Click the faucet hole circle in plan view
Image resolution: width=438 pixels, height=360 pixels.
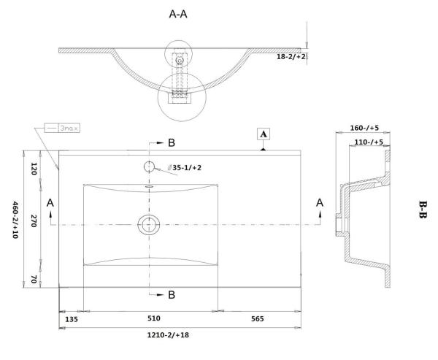pos(150,166)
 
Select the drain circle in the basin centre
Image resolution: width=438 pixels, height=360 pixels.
pos(150,223)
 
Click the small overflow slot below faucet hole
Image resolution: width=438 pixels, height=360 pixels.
pos(150,186)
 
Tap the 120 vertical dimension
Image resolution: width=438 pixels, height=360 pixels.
pos(34,167)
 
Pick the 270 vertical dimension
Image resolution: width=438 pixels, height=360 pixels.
pos(34,223)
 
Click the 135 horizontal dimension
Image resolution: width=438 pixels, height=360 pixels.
pos(72,319)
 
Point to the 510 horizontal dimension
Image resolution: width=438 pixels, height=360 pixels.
pos(153,319)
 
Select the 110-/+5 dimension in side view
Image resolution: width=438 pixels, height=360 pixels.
pos(366,142)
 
